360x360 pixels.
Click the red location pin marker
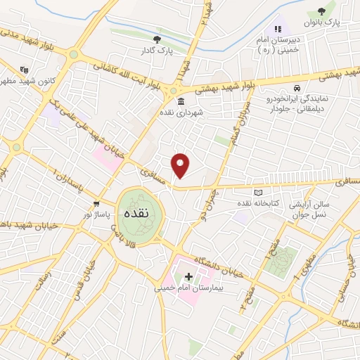tap(181, 165)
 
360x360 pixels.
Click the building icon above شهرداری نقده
tap(181, 101)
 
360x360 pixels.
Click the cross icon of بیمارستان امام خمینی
tap(188, 276)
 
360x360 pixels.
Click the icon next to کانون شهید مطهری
tap(25, 69)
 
